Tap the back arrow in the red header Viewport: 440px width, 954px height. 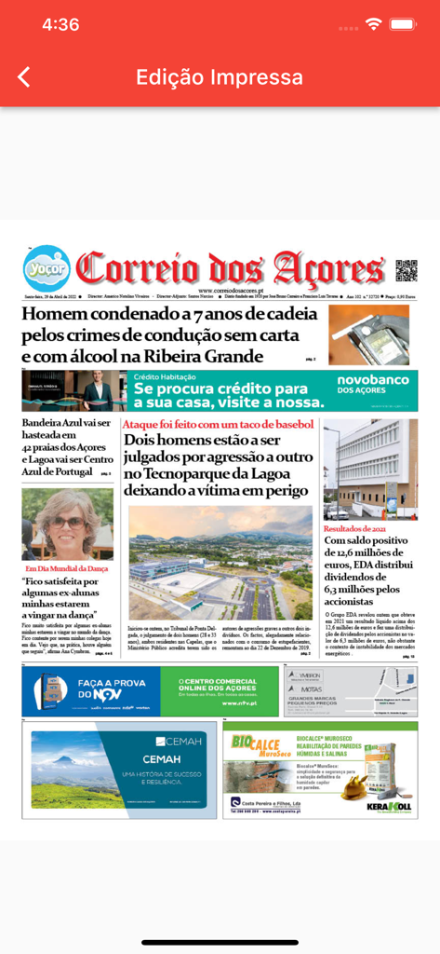point(24,77)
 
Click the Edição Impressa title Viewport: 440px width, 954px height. point(220,77)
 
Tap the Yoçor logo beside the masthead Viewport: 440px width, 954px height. point(47,267)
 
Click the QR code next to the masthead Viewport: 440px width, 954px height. point(406,270)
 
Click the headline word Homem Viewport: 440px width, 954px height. point(60,315)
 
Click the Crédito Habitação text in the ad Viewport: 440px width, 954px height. point(165,377)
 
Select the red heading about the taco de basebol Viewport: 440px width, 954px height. point(220,425)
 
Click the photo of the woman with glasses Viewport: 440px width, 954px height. point(67,524)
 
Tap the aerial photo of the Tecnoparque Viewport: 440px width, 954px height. point(220,564)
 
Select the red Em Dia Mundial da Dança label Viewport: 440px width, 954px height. point(67,567)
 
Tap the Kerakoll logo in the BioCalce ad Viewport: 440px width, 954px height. point(389,806)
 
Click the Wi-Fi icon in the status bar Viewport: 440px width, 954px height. point(374,24)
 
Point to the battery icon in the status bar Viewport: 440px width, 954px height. point(403,24)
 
